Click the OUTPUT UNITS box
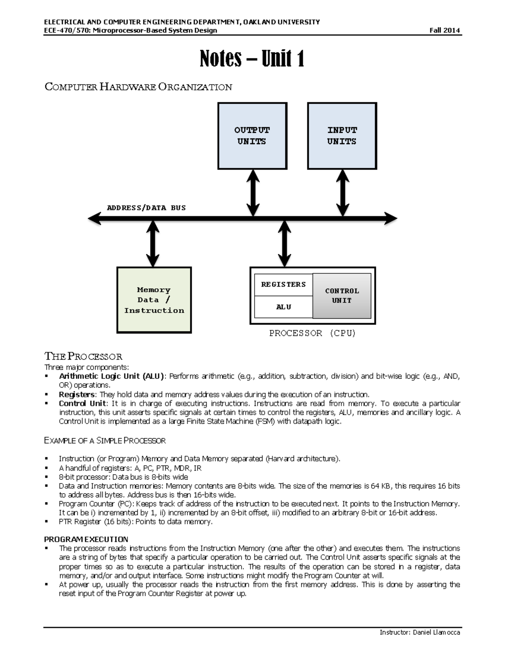(x=252, y=136)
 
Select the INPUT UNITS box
(x=342, y=136)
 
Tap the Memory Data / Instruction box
(x=154, y=300)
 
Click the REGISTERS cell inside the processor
(x=283, y=285)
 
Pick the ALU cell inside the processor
(x=283, y=307)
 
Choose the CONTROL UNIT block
(x=342, y=296)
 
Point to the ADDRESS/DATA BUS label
(x=146, y=208)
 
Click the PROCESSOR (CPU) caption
(x=312, y=333)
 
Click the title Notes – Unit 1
(x=252, y=58)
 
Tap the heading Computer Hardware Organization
(x=138, y=87)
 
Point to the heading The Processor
(x=83, y=357)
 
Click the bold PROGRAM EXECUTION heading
(x=86, y=539)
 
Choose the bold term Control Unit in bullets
(x=82, y=404)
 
